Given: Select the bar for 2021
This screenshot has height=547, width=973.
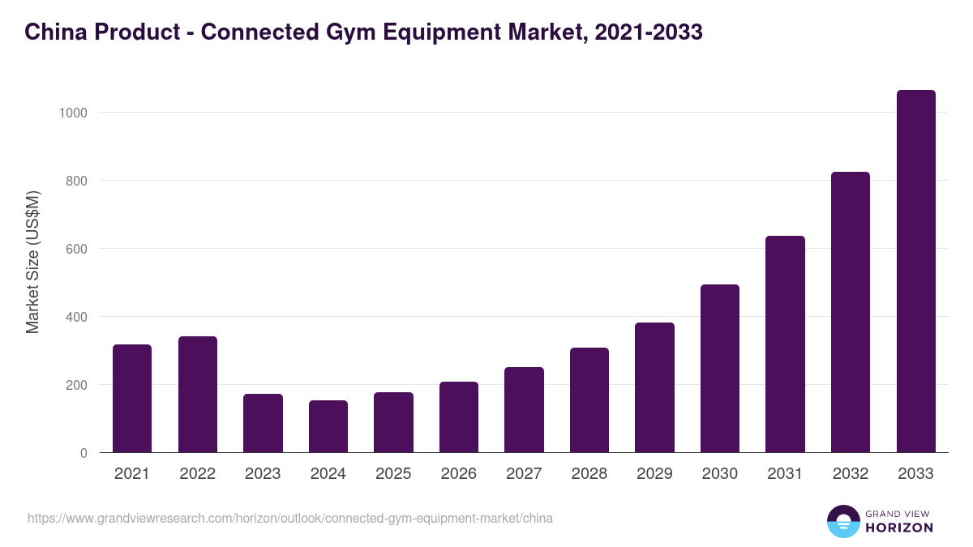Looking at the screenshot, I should (x=132, y=398).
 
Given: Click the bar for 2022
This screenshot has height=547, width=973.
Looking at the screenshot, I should (x=198, y=394).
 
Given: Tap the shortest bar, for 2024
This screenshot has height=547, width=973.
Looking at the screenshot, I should (x=328, y=426).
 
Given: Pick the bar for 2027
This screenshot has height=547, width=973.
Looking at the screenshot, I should (x=524, y=409).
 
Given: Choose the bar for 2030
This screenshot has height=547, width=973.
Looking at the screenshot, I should (x=720, y=368).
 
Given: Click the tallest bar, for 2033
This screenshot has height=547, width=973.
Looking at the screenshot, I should (x=915, y=271).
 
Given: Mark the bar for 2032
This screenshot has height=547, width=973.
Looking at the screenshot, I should (x=851, y=312).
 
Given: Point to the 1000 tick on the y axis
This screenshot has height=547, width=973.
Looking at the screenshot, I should (x=73, y=113).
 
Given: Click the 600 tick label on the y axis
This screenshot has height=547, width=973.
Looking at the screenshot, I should (x=76, y=249).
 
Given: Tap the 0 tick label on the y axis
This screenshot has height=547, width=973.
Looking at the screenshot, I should (x=84, y=453).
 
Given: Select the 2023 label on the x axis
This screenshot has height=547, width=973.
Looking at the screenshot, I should (x=263, y=474).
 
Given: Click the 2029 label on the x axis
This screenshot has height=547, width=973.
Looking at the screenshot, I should (x=654, y=474).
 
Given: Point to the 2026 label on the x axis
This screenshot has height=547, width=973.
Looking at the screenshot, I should (x=459, y=474).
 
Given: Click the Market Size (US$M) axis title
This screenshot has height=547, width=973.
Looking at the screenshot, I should (x=32, y=263).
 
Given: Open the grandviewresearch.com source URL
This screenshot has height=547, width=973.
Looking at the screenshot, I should (x=290, y=518).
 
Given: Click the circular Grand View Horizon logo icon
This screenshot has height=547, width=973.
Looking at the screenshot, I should (x=843, y=521).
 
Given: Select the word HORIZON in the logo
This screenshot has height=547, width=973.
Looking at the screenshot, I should (x=899, y=528).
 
